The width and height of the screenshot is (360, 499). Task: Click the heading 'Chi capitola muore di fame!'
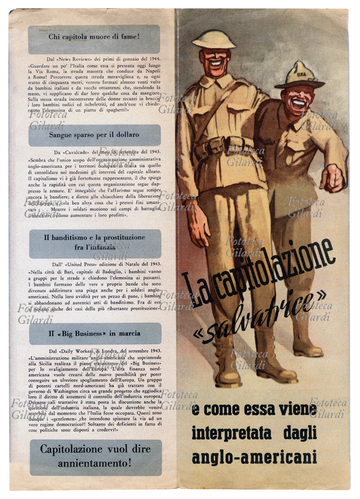[94, 37]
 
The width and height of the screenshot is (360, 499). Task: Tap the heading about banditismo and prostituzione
[94, 243]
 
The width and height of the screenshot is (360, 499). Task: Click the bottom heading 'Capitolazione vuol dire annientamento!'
[94, 455]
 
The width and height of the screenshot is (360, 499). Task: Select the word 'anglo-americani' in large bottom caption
[254, 457]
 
